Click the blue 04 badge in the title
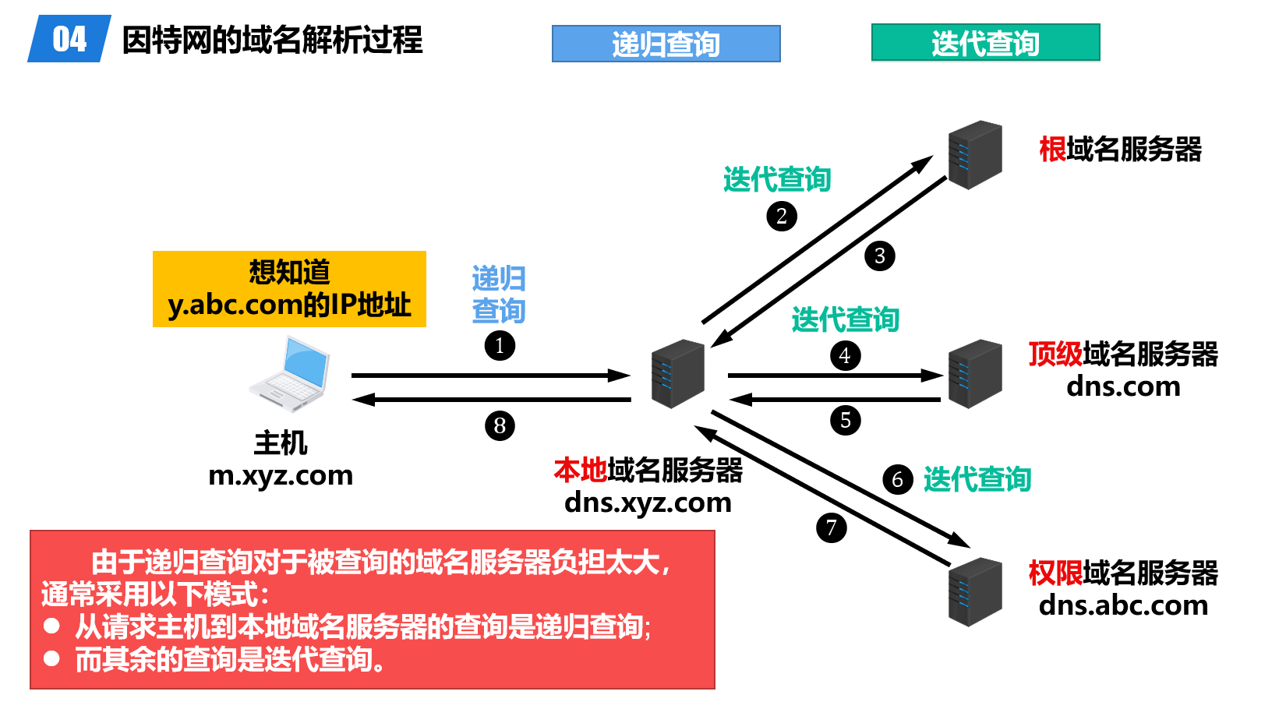tap(69, 38)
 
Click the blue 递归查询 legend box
tap(666, 44)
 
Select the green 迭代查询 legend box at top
tap(985, 43)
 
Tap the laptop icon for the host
tap(290, 374)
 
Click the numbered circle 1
tap(500, 346)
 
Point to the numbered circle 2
tap(782, 216)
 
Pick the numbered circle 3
tap(879, 256)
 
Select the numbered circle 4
tap(845, 355)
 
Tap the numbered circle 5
tap(845, 420)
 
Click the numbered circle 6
tap(897, 479)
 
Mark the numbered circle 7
tap(831, 527)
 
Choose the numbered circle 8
tap(500, 426)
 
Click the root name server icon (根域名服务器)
tap(975, 154)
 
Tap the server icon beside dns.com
tap(975, 374)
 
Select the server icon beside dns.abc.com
tap(975, 592)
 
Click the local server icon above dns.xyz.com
tap(678, 374)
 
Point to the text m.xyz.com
tap(281, 475)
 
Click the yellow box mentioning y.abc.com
tap(289, 289)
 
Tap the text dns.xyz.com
tap(648, 503)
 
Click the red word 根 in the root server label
tap(1052, 150)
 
